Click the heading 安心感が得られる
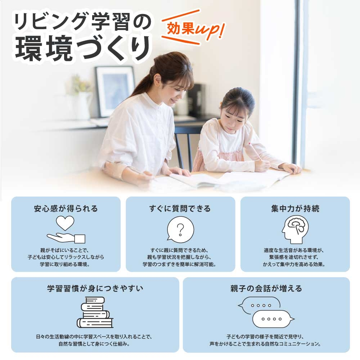(x=66, y=208)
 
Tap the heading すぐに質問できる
(x=180, y=208)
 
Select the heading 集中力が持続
(x=295, y=208)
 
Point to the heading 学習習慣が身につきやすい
(x=95, y=288)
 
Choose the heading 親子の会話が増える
(x=266, y=288)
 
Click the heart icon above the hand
(x=65, y=223)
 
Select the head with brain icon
(x=295, y=229)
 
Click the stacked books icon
(x=95, y=312)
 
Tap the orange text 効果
(x=181, y=29)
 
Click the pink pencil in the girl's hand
(x=255, y=151)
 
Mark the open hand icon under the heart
(x=66, y=238)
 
